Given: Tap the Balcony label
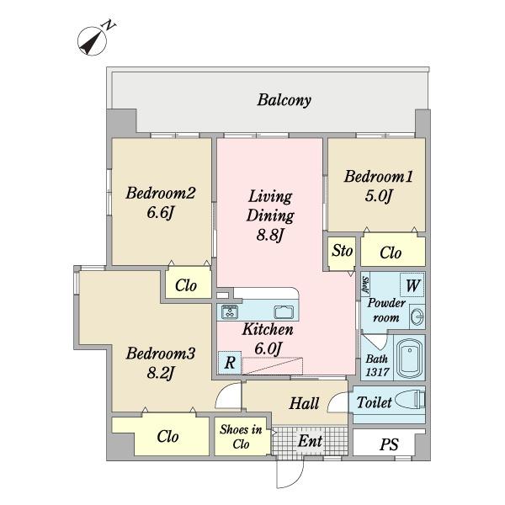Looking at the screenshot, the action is coord(284,100).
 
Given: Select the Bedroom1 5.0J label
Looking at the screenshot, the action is coord(378,186).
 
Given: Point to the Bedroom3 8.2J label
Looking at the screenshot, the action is coord(161,363).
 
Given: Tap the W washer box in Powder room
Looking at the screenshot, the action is coord(412,284).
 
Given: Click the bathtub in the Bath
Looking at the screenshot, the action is coord(409,357).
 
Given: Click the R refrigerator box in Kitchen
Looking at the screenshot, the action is coord(230,363).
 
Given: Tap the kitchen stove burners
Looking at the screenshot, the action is coord(230,311).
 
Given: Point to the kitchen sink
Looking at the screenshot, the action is coord(284,311).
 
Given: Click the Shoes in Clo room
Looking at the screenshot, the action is coord(242,436).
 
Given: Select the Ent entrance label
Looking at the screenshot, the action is coord(310,441).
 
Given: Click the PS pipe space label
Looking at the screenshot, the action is coord(389,444).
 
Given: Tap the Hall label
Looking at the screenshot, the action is coord(304,403).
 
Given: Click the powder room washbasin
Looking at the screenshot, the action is coord(417,316).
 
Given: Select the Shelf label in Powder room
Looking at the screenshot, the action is coord(365,284).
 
